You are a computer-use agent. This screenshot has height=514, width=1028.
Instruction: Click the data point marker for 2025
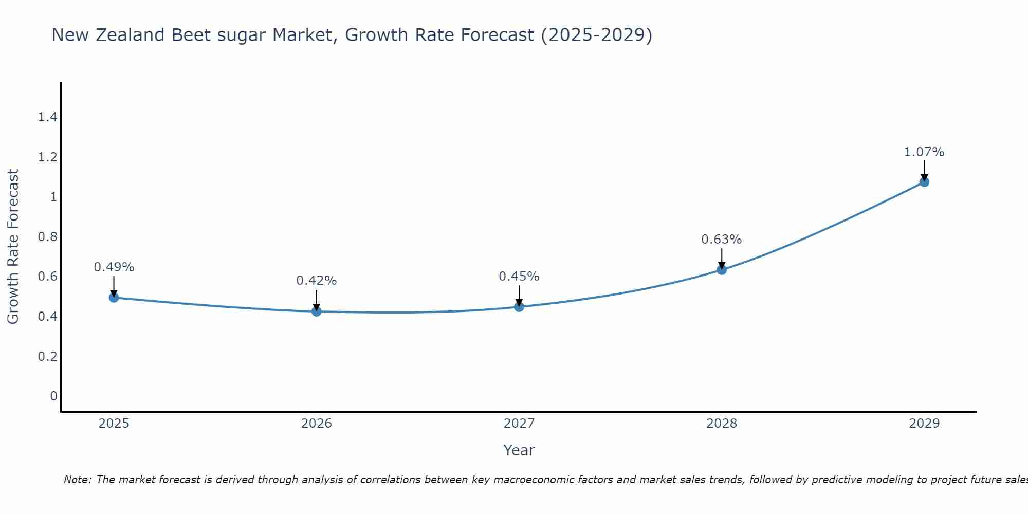click(114, 298)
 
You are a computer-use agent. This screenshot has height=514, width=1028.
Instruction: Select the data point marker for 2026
click(317, 311)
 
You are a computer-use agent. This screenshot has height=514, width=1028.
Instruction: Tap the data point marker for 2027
click(519, 307)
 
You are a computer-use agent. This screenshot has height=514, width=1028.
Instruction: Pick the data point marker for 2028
click(722, 270)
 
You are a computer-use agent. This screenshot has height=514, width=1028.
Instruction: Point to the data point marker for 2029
click(924, 182)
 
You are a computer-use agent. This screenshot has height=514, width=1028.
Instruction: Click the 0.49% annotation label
click(114, 267)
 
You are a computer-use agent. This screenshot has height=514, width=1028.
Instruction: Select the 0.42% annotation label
click(317, 281)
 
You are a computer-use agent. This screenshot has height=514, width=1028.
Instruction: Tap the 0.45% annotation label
click(519, 277)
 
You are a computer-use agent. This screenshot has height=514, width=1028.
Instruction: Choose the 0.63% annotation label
click(722, 240)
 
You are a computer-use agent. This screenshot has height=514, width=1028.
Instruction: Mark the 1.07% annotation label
click(924, 152)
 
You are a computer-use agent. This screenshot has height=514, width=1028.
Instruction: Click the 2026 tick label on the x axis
click(317, 424)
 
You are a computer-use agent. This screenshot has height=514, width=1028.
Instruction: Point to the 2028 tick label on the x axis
click(722, 424)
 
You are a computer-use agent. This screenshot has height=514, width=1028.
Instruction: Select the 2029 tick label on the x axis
click(924, 424)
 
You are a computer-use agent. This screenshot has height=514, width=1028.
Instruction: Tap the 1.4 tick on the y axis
click(47, 117)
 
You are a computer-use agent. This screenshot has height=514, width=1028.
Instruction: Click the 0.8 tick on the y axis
click(47, 237)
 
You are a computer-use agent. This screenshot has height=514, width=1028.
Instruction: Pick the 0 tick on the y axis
click(53, 396)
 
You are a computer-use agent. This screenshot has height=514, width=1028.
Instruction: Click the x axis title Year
click(519, 450)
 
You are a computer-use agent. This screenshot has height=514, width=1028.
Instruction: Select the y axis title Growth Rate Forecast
click(13, 247)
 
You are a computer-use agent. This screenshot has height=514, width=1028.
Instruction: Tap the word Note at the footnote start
click(77, 480)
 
